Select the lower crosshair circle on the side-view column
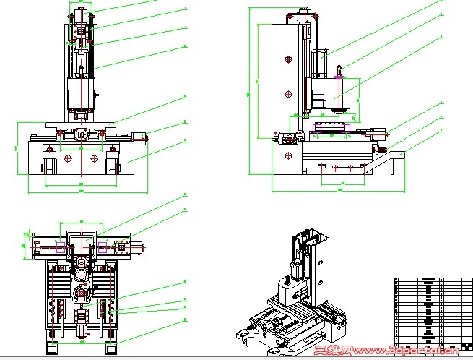[287, 93]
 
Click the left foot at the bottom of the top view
[54, 334]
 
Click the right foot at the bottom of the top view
[109, 334]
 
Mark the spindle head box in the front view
[82, 94]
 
